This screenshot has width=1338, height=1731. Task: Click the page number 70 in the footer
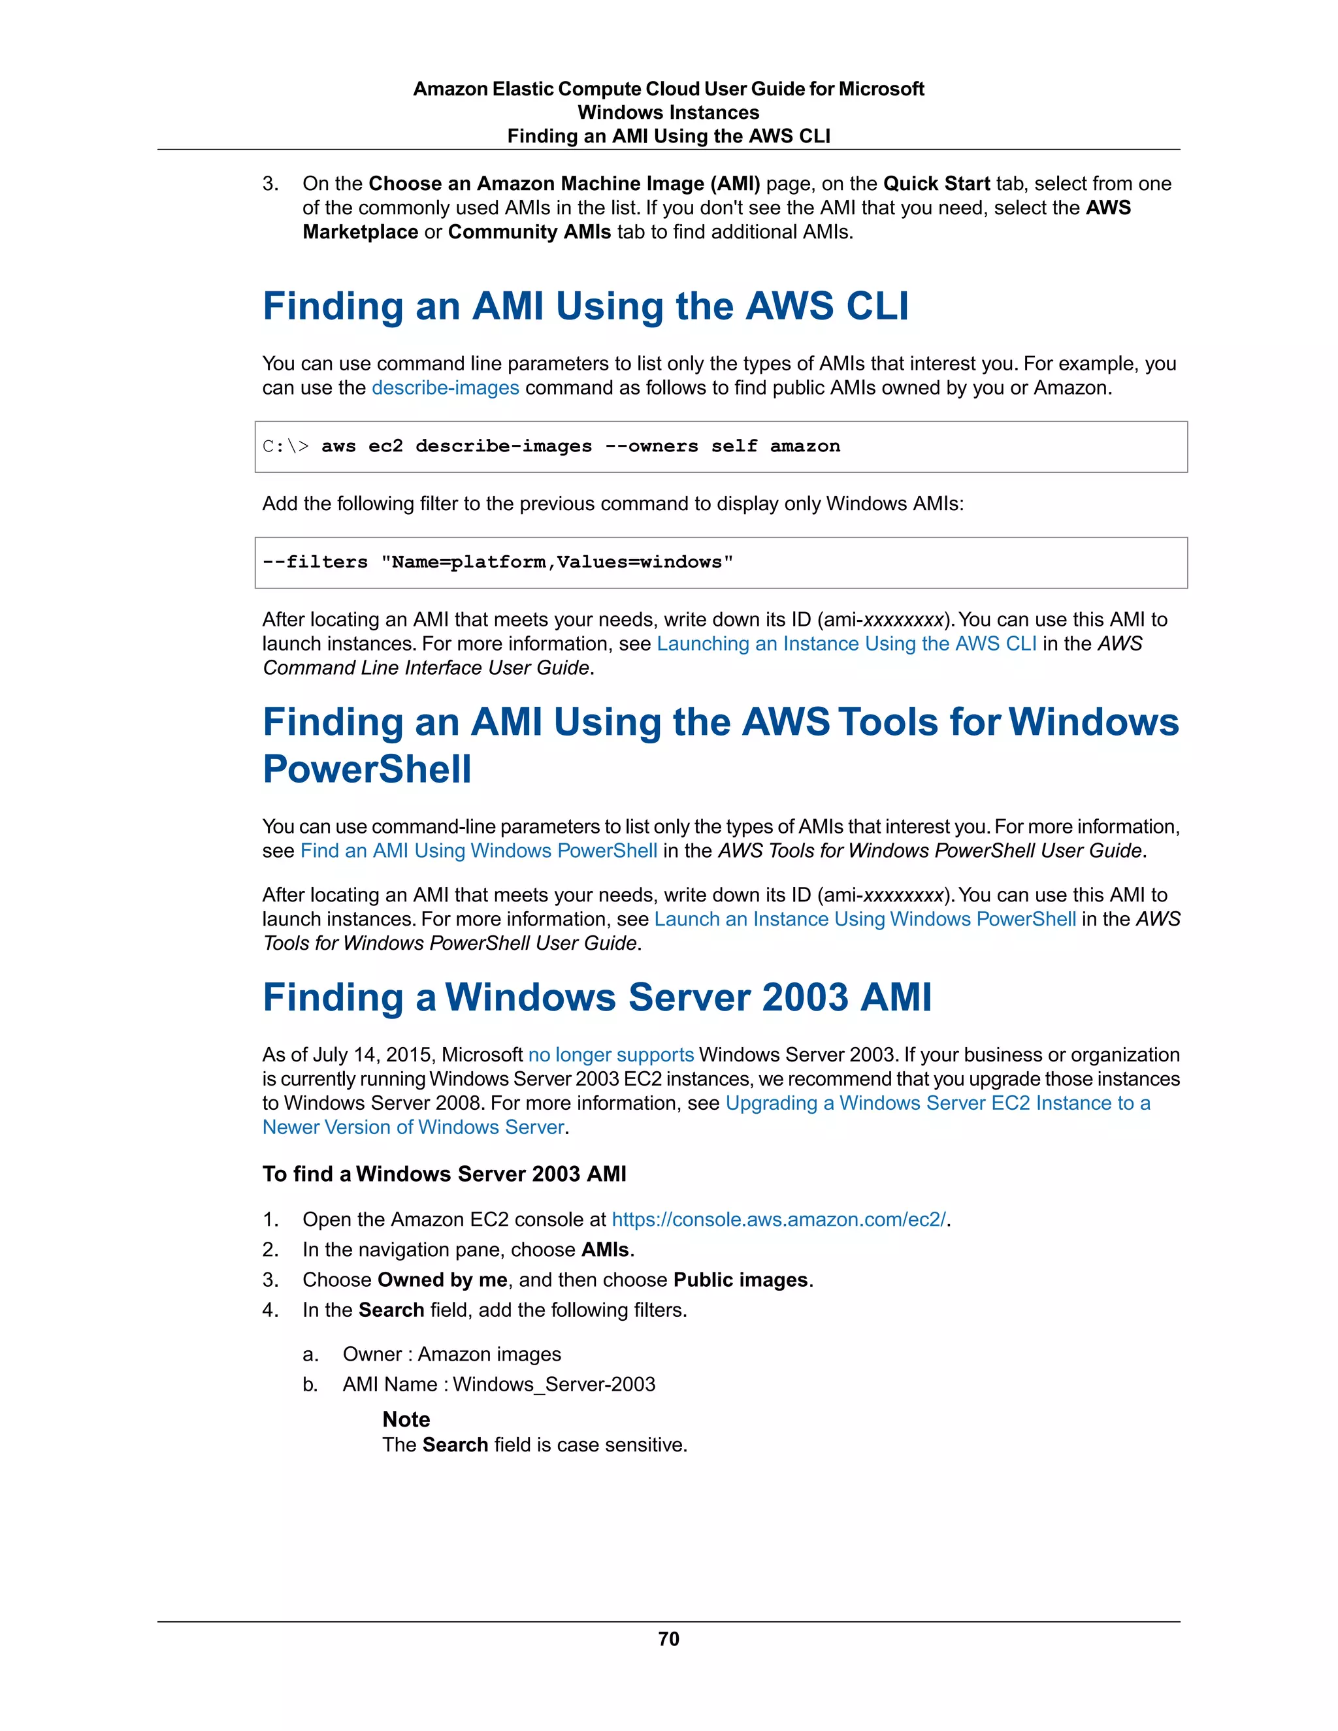click(668, 1638)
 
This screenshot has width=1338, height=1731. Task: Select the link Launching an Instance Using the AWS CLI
click(846, 643)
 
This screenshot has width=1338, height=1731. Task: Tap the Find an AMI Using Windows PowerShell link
click(478, 850)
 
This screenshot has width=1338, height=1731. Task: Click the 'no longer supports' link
click(610, 1055)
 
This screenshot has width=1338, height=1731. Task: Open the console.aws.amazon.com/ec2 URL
click(778, 1219)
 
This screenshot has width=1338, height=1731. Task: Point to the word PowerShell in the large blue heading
click(367, 769)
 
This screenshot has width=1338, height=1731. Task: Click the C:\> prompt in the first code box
click(286, 446)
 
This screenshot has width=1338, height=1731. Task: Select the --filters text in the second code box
click(315, 562)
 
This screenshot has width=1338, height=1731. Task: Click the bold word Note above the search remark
click(406, 1419)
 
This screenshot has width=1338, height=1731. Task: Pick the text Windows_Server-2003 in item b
click(554, 1384)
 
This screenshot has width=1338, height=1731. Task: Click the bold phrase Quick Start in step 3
click(936, 184)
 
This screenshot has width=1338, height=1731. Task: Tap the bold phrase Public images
click(740, 1280)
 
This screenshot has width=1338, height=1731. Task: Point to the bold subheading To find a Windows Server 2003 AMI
click(444, 1174)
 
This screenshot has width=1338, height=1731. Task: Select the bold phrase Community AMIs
click(529, 233)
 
